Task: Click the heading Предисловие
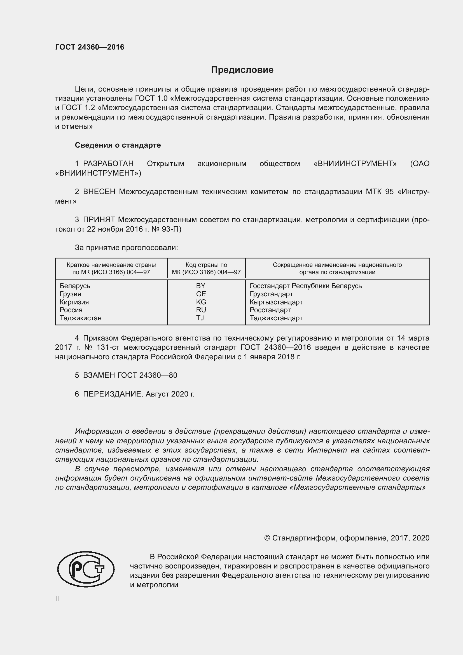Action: point(242,70)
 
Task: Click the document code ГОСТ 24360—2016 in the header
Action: point(90,47)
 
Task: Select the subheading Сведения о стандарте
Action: point(118,145)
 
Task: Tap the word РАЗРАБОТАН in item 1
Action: point(108,164)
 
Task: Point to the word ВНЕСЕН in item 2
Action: point(99,192)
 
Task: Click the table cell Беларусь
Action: point(75,286)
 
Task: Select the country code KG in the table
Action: point(201,302)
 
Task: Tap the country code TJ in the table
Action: point(200,318)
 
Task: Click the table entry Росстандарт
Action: point(270,310)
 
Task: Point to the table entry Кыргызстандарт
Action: point(276,302)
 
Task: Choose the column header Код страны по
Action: point(206,265)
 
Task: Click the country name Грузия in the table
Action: point(70,294)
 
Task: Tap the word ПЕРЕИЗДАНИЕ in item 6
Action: point(112,394)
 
